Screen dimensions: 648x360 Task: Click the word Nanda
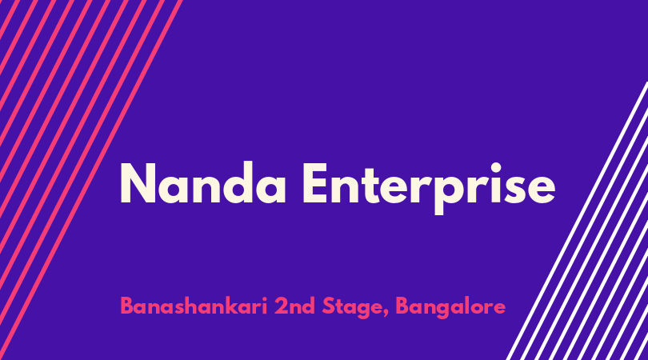(x=203, y=182)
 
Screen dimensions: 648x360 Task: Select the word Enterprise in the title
(x=429, y=188)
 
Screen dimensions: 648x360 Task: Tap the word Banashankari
(x=194, y=306)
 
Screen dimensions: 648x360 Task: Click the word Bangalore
(x=450, y=308)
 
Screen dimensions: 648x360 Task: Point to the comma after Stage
(x=386, y=315)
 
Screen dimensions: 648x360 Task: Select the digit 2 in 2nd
(x=281, y=306)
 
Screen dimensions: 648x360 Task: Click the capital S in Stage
(x=329, y=306)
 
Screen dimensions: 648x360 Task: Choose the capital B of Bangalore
(x=402, y=306)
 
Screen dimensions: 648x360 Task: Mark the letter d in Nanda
(x=231, y=182)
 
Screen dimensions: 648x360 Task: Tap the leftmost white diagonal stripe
(x=577, y=221)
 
